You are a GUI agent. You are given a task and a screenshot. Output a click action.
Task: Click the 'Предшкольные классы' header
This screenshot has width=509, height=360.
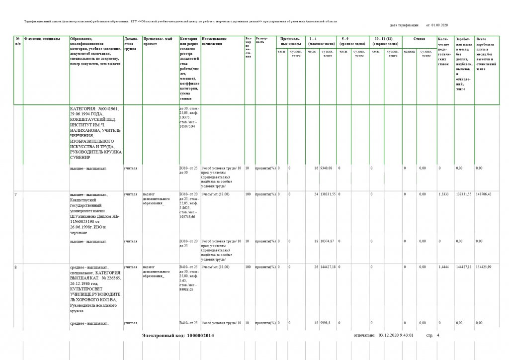(290, 41)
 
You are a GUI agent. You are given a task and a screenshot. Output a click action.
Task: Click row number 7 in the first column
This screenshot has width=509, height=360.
(16, 192)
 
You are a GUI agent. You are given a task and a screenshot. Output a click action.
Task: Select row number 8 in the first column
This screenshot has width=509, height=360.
(16, 268)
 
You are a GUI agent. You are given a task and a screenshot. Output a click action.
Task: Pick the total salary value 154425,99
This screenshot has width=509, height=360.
(485, 268)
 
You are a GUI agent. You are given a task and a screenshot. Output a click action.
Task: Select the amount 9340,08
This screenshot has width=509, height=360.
(329, 168)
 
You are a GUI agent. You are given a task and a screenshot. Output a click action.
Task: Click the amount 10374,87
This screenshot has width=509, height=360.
(329, 241)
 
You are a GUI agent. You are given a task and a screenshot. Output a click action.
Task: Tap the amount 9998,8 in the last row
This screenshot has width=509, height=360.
(328, 324)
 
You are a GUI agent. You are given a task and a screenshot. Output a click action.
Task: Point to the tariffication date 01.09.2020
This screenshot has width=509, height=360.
(439, 24)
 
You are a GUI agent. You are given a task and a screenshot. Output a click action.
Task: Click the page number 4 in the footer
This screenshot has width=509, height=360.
(438, 336)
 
